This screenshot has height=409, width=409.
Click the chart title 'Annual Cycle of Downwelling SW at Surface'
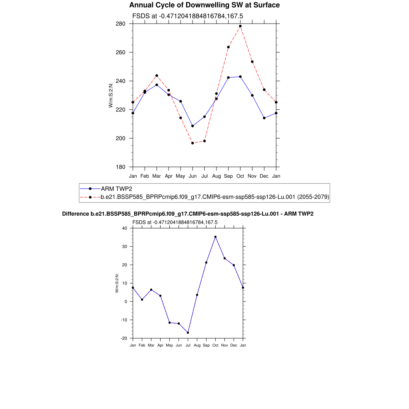(204, 5)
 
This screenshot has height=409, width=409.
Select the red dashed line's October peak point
(240, 26)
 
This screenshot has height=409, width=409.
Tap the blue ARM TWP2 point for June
(193, 126)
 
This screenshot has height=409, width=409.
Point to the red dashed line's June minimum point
(193, 143)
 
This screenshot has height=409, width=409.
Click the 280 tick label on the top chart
(121, 24)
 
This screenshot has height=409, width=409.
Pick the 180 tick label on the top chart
(121, 167)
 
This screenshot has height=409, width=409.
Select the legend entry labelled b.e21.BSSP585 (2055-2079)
(214, 197)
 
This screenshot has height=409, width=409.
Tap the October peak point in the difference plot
(215, 237)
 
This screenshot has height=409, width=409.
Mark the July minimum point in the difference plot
(188, 333)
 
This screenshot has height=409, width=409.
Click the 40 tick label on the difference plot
(124, 228)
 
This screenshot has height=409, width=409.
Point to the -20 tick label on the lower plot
(123, 338)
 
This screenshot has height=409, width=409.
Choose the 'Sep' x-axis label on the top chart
(228, 176)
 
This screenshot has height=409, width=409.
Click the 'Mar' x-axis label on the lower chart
(151, 345)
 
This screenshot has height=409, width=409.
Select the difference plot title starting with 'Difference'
(188, 214)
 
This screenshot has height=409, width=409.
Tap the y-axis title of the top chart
(111, 95)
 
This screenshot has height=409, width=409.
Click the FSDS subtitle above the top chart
(188, 16)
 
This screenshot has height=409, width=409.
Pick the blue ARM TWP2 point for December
(264, 118)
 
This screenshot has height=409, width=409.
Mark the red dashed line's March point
(157, 75)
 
